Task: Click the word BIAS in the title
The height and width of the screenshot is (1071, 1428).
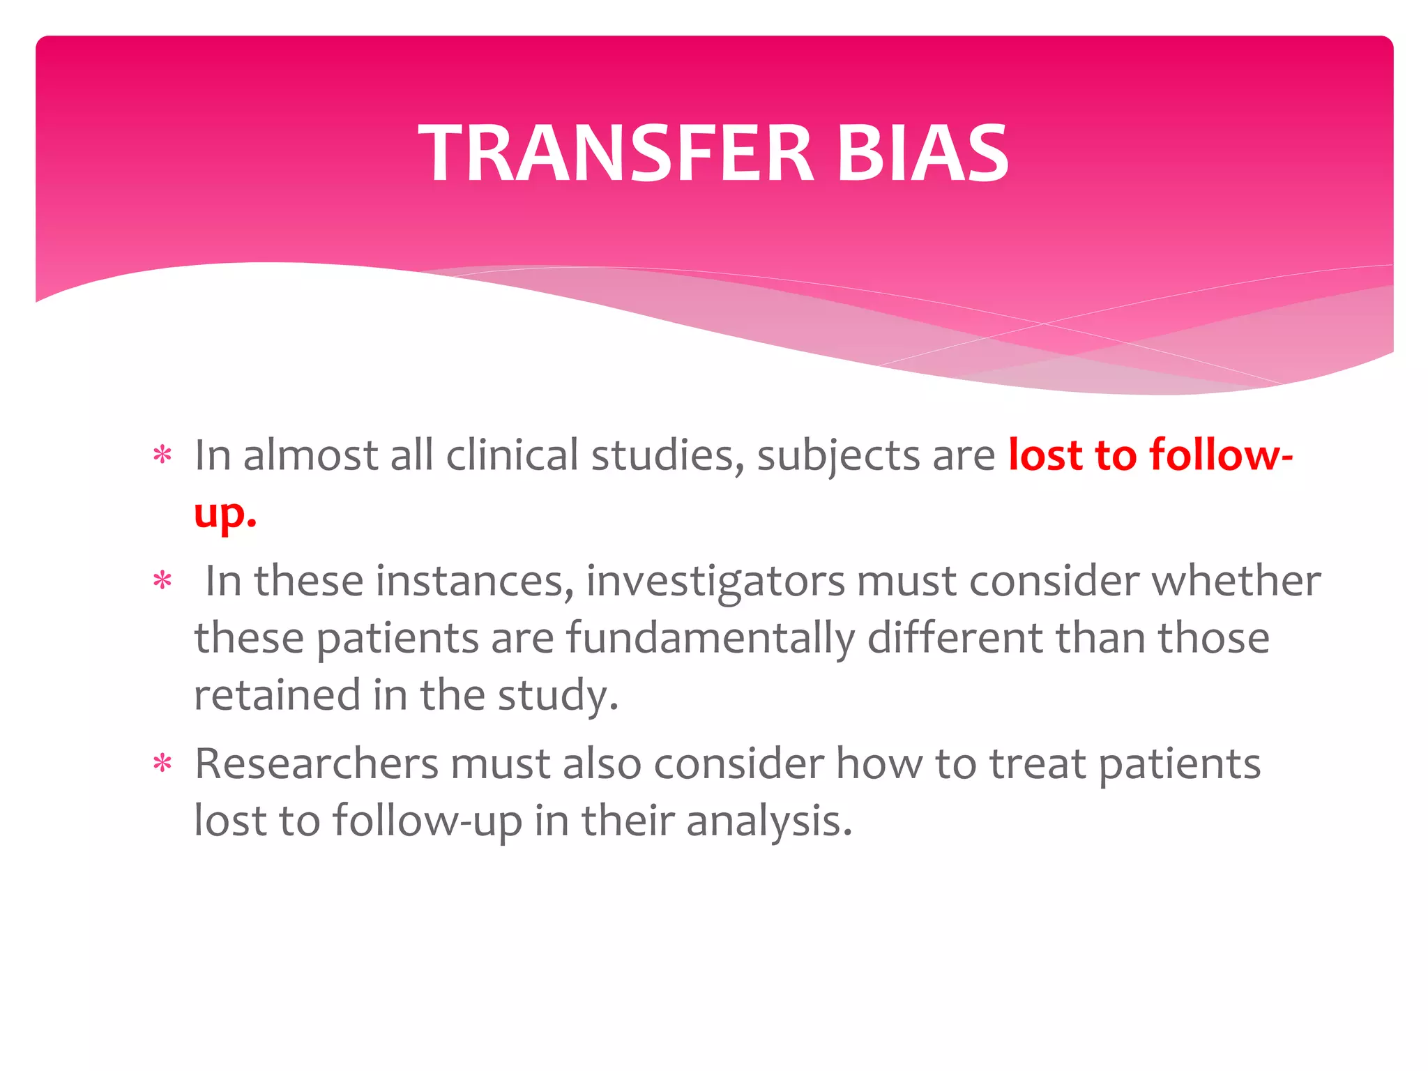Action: (922, 153)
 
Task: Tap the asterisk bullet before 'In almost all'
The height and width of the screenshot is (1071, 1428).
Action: (162, 456)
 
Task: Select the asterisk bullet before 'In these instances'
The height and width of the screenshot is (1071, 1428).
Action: (162, 581)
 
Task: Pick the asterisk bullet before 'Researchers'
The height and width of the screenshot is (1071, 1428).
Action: (162, 764)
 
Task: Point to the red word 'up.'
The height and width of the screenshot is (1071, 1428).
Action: (225, 515)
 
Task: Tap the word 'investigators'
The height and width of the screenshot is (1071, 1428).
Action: (715, 582)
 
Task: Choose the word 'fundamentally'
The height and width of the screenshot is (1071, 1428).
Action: (710, 639)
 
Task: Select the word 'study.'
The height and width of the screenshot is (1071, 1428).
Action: (558, 696)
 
